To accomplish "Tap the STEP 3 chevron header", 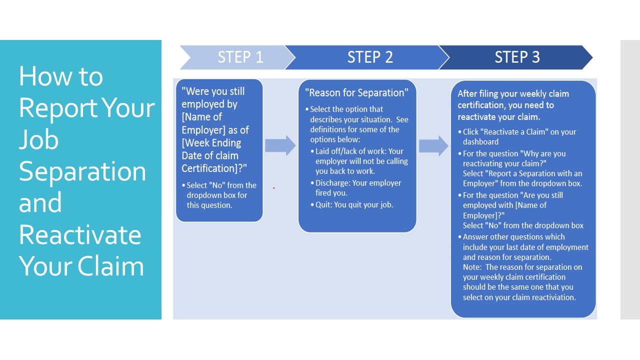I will pyautogui.click(x=516, y=57).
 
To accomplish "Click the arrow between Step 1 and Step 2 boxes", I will pyautogui.click(x=280, y=145).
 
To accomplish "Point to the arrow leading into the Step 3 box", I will pyautogui.click(x=433, y=145).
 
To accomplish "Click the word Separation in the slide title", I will pyautogui.click(x=82, y=171).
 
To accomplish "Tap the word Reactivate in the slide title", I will pyautogui.click(x=80, y=234).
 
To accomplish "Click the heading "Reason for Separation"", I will pyautogui.click(x=356, y=92).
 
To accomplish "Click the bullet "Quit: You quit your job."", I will pyautogui.click(x=354, y=204).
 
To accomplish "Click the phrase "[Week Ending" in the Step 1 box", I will pyautogui.click(x=211, y=142).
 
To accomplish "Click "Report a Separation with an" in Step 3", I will pyautogui.click(x=522, y=173).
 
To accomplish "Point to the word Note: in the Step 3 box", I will pyautogui.click(x=473, y=267).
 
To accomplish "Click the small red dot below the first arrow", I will pyautogui.click(x=273, y=188).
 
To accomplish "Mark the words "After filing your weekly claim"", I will pyautogui.click(x=513, y=93).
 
